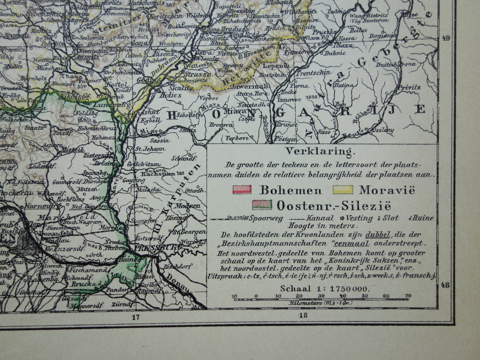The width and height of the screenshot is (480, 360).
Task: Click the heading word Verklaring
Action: click(319, 152)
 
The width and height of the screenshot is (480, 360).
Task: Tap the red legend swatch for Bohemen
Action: click(242, 190)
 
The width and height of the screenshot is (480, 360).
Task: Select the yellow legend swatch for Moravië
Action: click(342, 190)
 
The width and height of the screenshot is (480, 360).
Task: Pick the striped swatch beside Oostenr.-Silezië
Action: click(262, 205)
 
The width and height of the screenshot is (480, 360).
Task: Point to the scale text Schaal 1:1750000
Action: click(325, 289)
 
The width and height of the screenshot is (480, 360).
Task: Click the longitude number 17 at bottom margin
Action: click(135, 317)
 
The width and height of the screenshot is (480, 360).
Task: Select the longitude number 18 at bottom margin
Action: click(303, 315)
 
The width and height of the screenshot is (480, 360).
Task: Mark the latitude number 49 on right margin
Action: click(446, 39)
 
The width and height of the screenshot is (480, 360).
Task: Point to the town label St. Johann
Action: click(152, 149)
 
